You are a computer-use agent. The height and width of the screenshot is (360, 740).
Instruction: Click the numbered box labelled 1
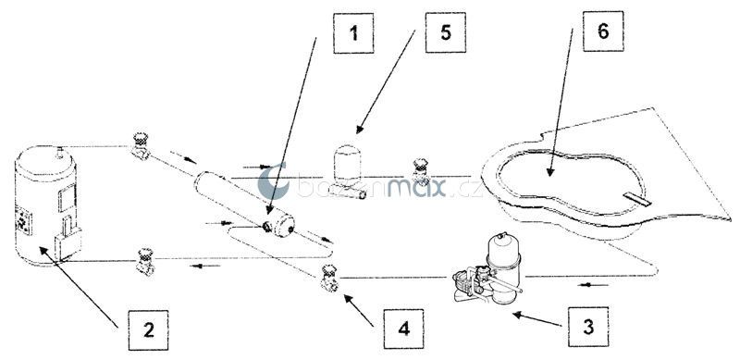pos(353,33)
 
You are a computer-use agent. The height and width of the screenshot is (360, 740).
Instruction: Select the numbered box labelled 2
pos(148,330)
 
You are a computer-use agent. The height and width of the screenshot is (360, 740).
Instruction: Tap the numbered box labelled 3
pos(588,327)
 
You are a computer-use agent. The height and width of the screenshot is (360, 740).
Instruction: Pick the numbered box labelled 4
pos(403,329)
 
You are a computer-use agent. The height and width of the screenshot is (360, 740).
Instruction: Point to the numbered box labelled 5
pos(446,32)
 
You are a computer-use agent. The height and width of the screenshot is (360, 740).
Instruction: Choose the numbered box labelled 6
pos(603,31)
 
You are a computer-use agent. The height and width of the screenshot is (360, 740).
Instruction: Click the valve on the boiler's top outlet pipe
pos(141,146)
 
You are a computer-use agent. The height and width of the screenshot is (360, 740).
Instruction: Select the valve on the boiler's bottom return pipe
pos(144,262)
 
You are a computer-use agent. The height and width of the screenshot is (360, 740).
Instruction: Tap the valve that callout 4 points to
pos(329,279)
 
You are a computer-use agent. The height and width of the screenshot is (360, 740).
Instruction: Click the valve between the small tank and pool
pos(420,172)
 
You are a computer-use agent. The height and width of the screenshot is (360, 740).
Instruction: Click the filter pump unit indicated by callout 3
pos(487,269)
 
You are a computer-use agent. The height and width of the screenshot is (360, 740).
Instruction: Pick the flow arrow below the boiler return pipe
pos(204,266)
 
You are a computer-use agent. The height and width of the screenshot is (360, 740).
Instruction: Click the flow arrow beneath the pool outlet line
pos(593,284)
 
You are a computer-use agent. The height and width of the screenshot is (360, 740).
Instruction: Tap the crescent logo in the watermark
pos(273,181)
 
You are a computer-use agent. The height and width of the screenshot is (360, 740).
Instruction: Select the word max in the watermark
pos(417,188)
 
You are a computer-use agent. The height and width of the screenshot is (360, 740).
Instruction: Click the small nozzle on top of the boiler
pos(60,152)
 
